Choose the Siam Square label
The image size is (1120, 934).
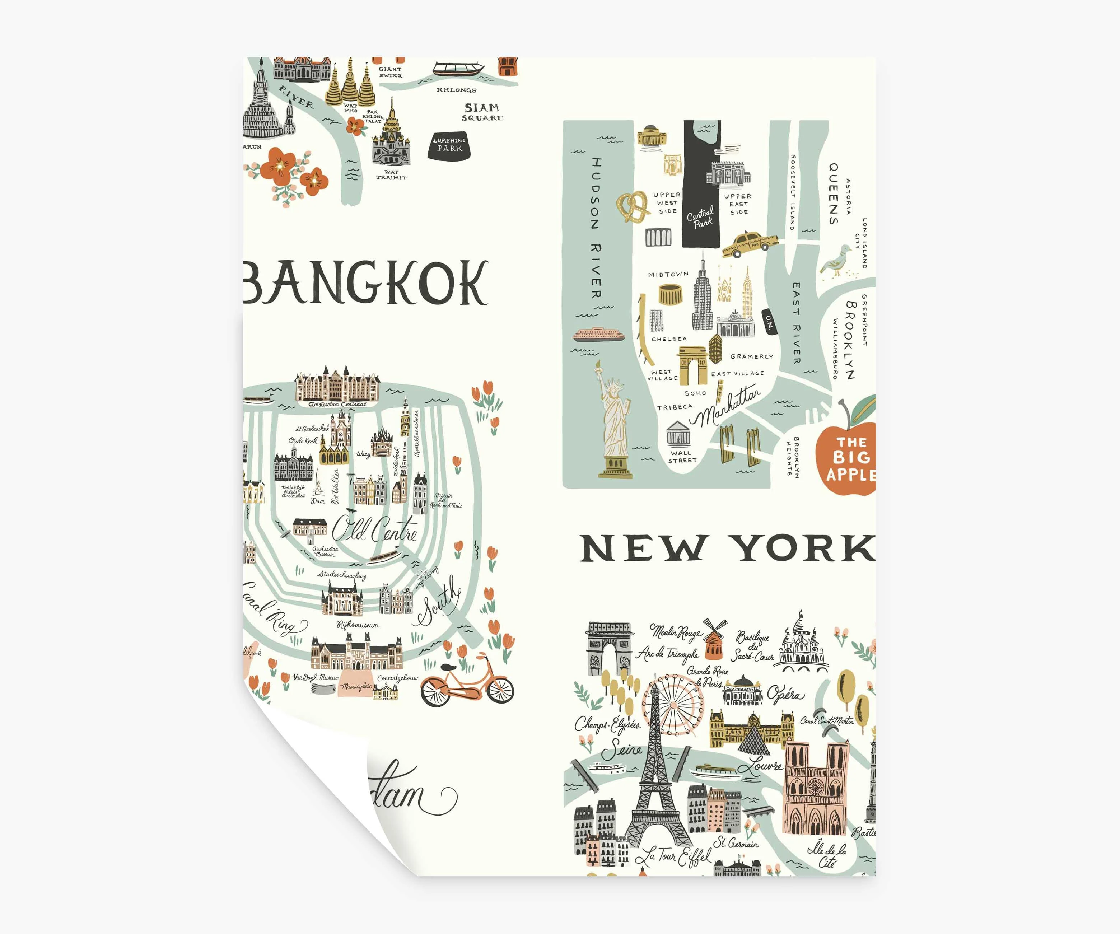tap(482, 112)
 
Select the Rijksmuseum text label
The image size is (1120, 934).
tap(358, 625)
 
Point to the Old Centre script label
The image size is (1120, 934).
tap(374, 529)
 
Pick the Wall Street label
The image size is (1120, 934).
tap(682, 457)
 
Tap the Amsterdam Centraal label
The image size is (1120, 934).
tap(337, 404)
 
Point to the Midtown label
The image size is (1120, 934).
tap(668, 274)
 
